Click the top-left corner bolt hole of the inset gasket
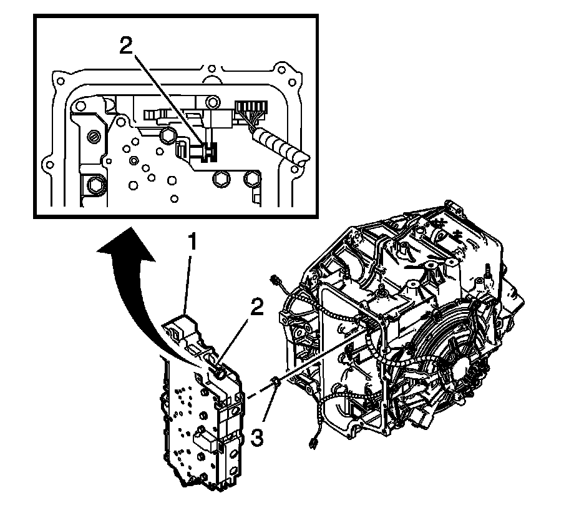[x=60, y=81]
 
